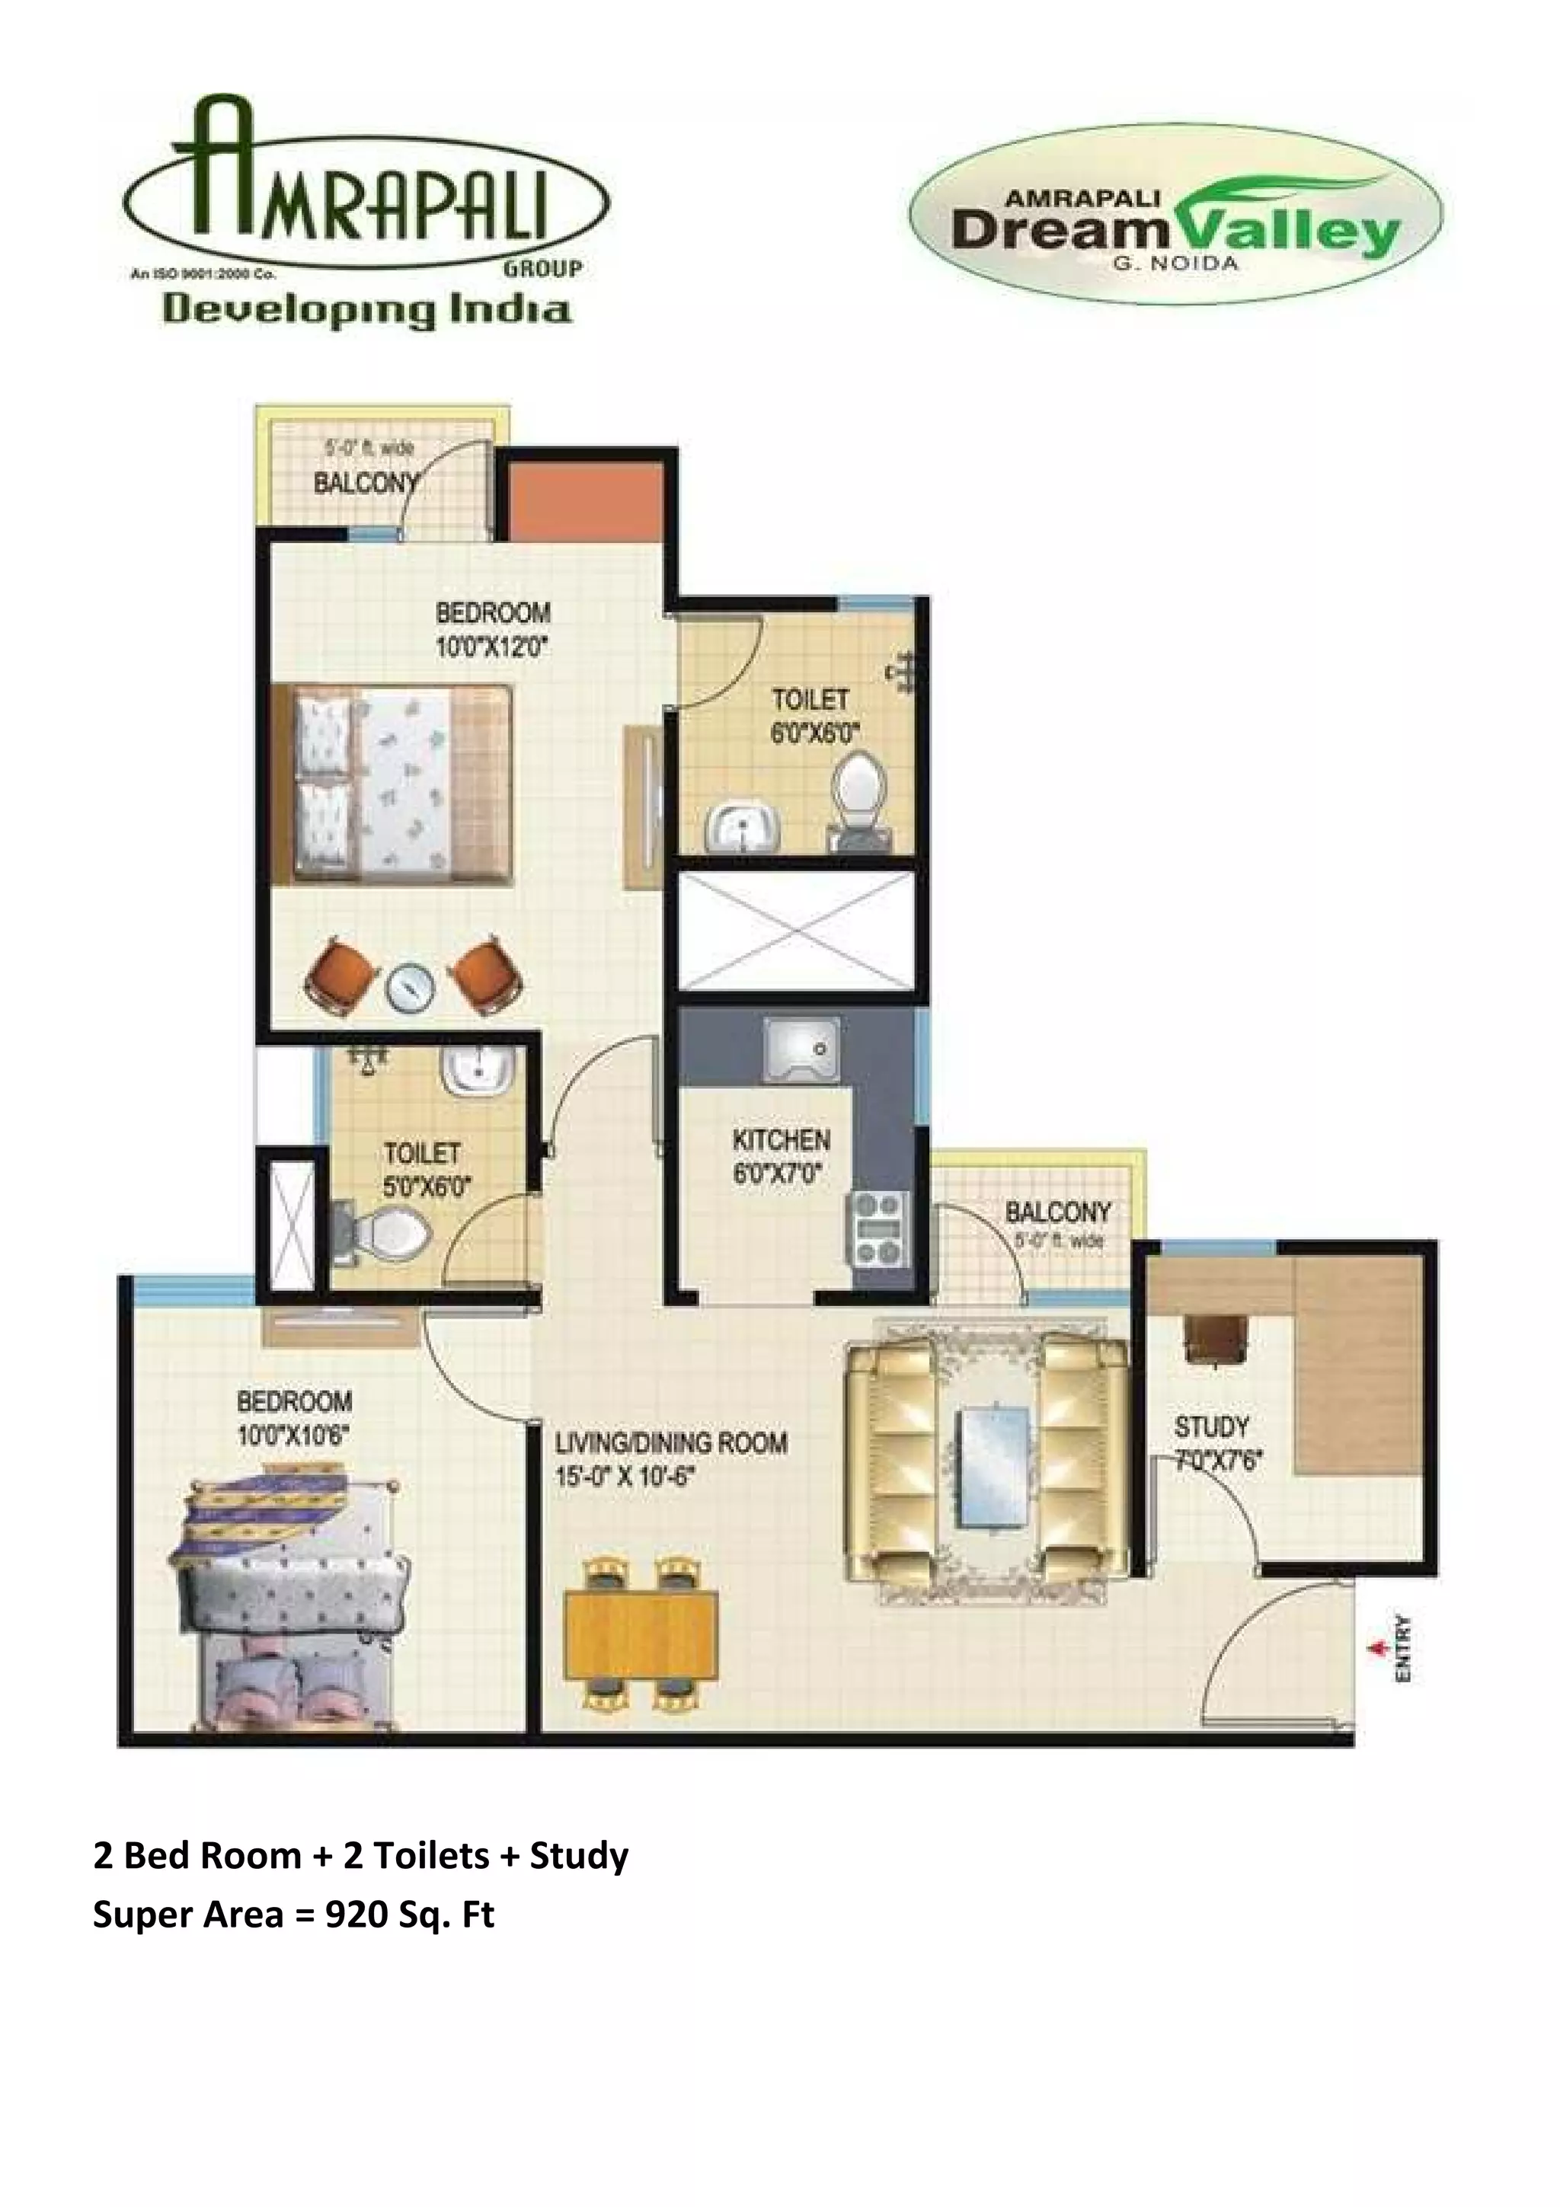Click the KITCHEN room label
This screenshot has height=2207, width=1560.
[781, 1140]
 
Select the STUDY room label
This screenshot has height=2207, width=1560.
[1211, 1426]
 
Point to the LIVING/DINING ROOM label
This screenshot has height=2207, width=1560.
[671, 1443]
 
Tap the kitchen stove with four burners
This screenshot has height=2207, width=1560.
[877, 1228]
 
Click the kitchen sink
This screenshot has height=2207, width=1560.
[801, 1052]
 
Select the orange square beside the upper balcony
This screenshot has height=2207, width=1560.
[584, 502]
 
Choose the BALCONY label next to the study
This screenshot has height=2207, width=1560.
[1057, 1212]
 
